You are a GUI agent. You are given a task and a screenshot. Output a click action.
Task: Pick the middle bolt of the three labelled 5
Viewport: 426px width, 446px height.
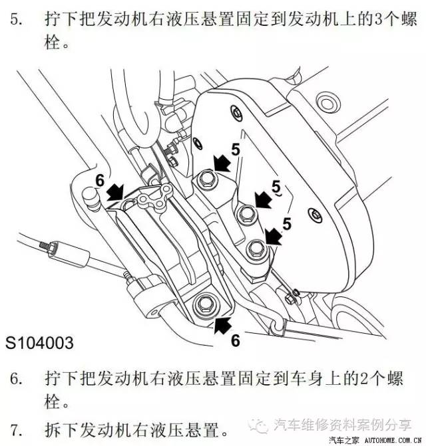pyautogui.click(x=245, y=213)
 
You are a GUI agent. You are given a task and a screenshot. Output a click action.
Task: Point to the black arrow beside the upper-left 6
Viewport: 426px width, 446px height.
pyautogui.click(x=114, y=192)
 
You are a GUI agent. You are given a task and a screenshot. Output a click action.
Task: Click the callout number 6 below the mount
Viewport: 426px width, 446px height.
pyautogui.click(x=234, y=340)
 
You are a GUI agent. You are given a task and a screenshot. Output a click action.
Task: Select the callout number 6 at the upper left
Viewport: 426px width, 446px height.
pyautogui.click(x=100, y=180)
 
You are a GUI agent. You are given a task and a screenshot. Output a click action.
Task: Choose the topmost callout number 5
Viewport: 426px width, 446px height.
pyautogui.click(x=236, y=150)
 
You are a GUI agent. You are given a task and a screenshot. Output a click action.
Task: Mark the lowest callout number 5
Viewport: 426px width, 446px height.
pyautogui.click(x=288, y=223)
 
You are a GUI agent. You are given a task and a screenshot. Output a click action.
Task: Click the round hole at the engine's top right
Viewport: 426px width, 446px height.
pyautogui.click(x=326, y=102)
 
